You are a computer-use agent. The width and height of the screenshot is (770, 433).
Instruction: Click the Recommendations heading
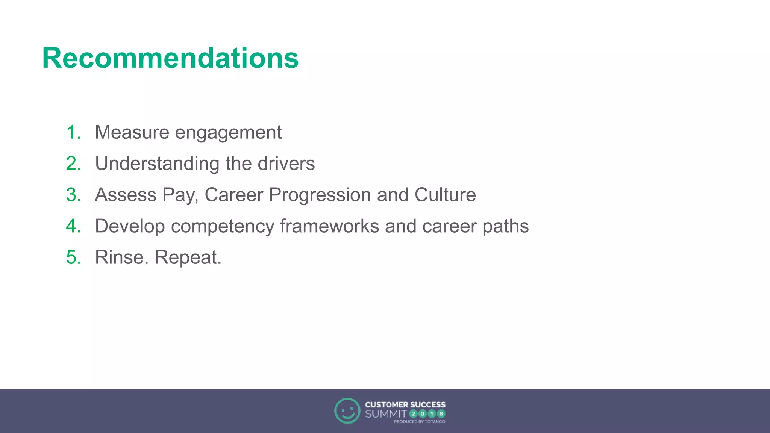point(170,58)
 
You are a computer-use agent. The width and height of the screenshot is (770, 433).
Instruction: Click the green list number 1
point(73,132)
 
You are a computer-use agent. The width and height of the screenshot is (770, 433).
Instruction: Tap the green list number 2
point(73,164)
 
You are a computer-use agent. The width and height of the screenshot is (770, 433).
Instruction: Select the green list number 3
point(73,195)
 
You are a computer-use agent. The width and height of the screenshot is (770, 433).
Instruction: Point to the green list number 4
point(73,226)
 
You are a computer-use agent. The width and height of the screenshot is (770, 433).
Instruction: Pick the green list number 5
point(73,257)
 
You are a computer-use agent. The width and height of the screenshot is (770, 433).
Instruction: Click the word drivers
point(286,164)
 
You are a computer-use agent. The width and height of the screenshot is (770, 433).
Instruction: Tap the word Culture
point(445,195)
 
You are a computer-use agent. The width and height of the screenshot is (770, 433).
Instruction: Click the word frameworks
point(329,226)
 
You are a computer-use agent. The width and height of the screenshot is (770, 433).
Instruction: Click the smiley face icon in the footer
point(347,411)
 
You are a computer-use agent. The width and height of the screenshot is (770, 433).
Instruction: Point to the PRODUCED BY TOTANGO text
point(420,422)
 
